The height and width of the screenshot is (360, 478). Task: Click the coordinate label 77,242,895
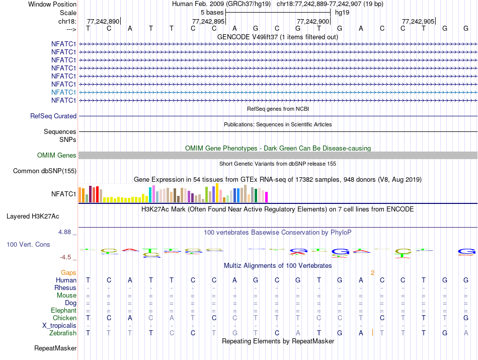(x=208, y=21)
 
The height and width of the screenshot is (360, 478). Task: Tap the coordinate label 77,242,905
(x=418, y=21)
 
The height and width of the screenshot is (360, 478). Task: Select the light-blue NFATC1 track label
(x=63, y=92)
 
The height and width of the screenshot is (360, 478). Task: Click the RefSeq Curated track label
(x=53, y=116)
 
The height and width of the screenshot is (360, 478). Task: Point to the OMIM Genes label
(x=57, y=156)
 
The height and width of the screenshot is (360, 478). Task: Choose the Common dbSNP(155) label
(x=45, y=171)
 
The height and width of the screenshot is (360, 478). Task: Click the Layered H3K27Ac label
(x=33, y=217)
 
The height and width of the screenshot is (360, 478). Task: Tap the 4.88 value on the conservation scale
(x=65, y=232)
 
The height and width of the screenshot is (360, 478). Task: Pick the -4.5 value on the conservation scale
(x=66, y=257)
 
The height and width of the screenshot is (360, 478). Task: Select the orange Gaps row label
(x=68, y=272)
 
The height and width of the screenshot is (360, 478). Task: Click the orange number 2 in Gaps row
(x=372, y=272)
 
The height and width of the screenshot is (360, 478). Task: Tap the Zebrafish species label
(x=63, y=333)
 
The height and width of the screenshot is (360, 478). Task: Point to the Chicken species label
(x=64, y=318)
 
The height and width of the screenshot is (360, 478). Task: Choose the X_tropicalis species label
(x=59, y=325)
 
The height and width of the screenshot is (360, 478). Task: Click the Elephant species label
(x=63, y=310)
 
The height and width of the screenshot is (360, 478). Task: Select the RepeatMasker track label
(x=55, y=348)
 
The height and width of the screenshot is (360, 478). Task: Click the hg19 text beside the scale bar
(x=342, y=12)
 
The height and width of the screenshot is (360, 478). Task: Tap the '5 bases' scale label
(x=212, y=12)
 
